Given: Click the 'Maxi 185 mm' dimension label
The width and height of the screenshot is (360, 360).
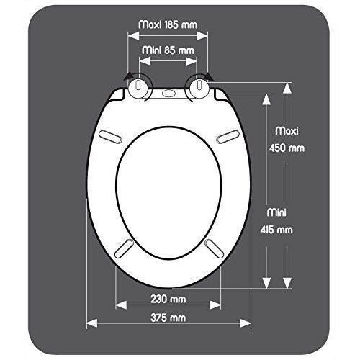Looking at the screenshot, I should click(x=167, y=24).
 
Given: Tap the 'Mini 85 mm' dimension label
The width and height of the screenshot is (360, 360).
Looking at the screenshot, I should click(x=167, y=50).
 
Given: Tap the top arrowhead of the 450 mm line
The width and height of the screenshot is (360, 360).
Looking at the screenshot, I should click(x=287, y=87).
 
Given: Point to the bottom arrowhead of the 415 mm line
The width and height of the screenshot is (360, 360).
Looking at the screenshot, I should click(x=267, y=284).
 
